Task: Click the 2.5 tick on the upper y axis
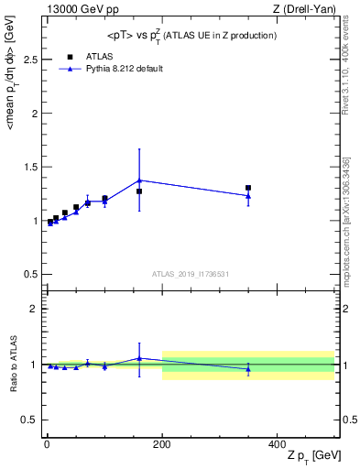(x=29, y=60)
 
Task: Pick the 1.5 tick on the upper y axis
(x=29, y=167)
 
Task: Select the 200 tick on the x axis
(x=162, y=442)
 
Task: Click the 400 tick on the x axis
(x=278, y=442)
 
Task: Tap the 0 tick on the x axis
(x=47, y=442)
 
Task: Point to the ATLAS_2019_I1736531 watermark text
(x=191, y=274)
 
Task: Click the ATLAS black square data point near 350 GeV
(x=248, y=188)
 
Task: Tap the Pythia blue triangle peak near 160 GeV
(x=139, y=180)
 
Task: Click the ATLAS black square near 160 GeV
(x=139, y=191)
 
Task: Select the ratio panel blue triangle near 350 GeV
(x=248, y=368)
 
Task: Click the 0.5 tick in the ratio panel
(x=29, y=420)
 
